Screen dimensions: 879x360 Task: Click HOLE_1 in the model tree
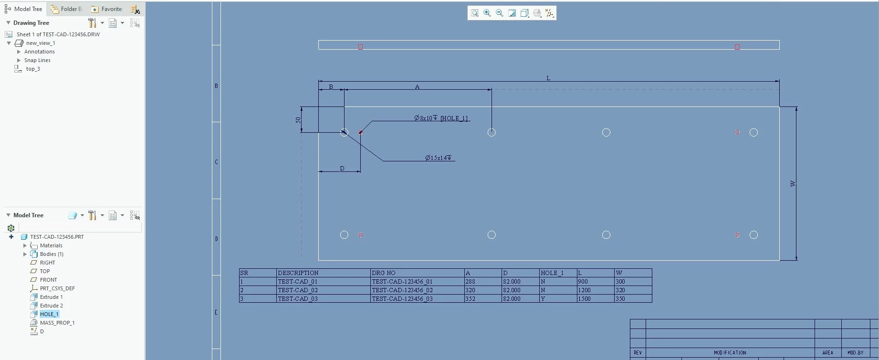[49, 314]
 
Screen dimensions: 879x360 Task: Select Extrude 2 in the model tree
[51, 306]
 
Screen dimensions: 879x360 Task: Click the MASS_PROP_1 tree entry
[57, 323]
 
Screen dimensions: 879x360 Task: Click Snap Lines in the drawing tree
[37, 60]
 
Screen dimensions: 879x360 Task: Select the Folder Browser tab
[66, 9]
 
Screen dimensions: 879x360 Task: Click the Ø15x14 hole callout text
[439, 158]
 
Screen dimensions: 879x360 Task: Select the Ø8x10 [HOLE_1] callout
[441, 118]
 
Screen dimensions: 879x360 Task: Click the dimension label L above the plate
[548, 78]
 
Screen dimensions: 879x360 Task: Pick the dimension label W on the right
[793, 184]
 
